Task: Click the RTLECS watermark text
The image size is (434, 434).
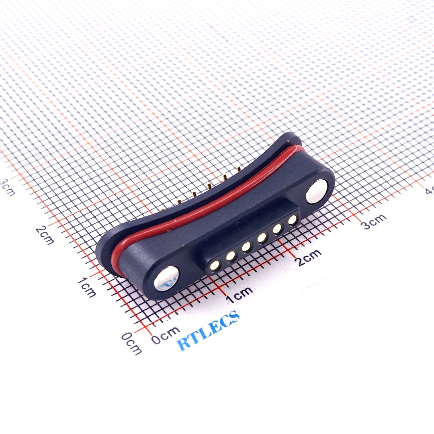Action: (x=209, y=331)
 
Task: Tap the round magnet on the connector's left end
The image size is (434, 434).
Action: (x=166, y=278)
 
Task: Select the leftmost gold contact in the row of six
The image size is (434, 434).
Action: (x=215, y=264)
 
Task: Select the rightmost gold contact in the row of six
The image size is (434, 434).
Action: (x=293, y=219)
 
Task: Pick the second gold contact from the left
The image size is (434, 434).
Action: (x=231, y=256)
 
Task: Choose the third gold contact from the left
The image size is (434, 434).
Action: (x=246, y=247)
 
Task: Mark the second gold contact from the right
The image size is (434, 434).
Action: (x=277, y=229)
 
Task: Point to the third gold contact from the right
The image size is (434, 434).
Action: (x=262, y=238)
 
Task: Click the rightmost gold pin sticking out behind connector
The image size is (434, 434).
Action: (x=239, y=169)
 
